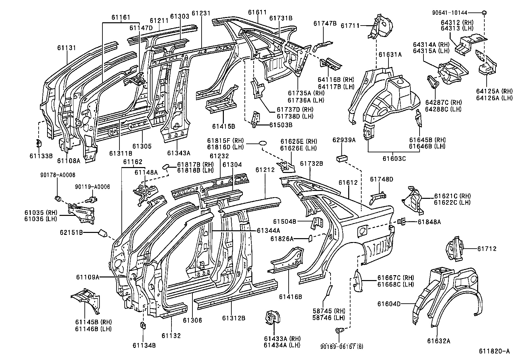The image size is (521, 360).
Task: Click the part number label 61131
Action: point(66,48)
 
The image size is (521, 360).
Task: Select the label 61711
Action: point(350,26)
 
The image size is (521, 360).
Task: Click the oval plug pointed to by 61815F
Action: point(263,143)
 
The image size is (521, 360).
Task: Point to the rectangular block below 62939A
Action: point(342,158)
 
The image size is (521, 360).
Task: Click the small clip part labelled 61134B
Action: point(143,325)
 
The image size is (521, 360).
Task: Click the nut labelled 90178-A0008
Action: point(58,198)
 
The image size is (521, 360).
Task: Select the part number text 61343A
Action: point(178,153)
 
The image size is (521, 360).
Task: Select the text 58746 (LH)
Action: point(333,317)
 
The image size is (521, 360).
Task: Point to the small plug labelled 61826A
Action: point(309,238)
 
